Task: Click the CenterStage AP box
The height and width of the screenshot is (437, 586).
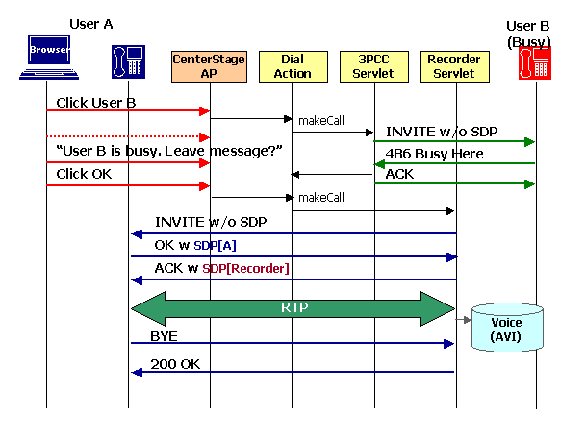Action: point(209,66)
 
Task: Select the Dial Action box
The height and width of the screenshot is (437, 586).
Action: point(292,66)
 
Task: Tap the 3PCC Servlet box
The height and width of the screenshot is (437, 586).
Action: point(374,66)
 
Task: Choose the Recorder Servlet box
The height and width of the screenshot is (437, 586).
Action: point(454,66)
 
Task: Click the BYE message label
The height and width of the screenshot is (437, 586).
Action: point(164,336)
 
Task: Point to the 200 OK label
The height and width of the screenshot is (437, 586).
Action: point(175,365)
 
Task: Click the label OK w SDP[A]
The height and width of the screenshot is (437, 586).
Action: point(195,245)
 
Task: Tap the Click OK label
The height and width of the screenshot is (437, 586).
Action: point(84,174)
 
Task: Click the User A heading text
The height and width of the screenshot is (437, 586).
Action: point(92,23)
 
